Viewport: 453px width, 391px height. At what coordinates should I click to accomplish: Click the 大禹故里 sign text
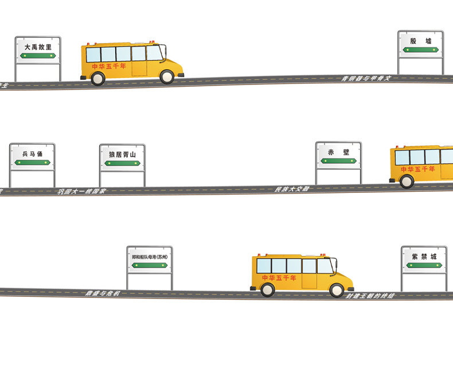click(x=38, y=47)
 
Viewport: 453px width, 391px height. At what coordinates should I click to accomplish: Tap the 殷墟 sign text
click(x=420, y=41)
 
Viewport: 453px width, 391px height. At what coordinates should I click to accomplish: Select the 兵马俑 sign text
click(x=32, y=154)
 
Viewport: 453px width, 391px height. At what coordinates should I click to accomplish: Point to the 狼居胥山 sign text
click(x=122, y=154)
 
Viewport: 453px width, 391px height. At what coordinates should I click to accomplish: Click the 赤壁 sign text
click(x=338, y=152)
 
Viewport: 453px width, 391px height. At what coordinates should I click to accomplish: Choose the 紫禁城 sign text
click(x=424, y=256)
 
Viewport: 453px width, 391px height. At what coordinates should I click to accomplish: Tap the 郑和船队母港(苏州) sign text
click(x=150, y=257)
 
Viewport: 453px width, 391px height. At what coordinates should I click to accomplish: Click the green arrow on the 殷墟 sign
click(x=420, y=50)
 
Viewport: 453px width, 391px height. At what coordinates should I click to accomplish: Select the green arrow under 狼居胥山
click(x=122, y=163)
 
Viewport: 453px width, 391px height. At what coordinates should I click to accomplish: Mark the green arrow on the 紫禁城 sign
click(x=424, y=265)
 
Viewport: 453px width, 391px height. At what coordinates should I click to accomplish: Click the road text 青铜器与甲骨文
click(x=366, y=78)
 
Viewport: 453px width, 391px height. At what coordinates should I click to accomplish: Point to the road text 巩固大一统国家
click(x=81, y=191)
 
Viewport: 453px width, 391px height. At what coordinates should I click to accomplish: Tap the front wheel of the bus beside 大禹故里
click(x=167, y=76)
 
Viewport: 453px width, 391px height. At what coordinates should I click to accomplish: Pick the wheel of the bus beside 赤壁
click(x=407, y=181)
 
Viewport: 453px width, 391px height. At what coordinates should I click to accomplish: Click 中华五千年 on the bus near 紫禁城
click(x=279, y=278)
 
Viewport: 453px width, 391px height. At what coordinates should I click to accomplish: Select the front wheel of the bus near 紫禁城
click(x=337, y=290)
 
